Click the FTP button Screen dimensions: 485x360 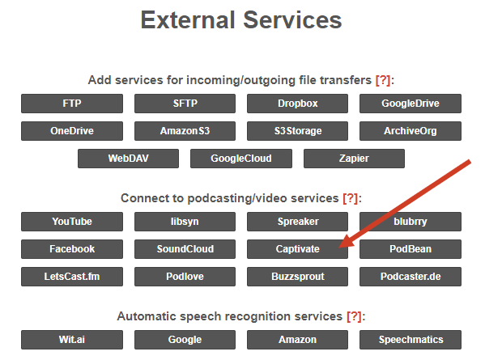pyautogui.click(x=72, y=104)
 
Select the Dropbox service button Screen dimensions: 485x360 pyautogui.click(x=297, y=104)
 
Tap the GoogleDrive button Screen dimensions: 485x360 pyautogui.click(x=411, y=104)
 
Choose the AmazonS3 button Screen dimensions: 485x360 pyautogui.click(x=185, y=131)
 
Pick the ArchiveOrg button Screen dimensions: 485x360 pyautogui.click(x=411, y=131)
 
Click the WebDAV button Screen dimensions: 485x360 pyautogui.click(x=129, y=159)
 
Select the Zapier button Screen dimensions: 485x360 pyautogui.click(x=354, y=159)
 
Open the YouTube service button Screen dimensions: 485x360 pyautogui.click(x=72, y=222)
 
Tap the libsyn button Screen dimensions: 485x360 pyautogui.click(x=185, y=222)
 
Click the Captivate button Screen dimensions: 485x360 pyautogui.click(x=297, y=249)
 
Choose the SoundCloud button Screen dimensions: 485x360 pyautogui.click(x=185, y=249)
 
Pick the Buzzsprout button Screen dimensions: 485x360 pyautogui.click(x=297, y=277)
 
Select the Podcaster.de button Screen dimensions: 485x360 pyautogui.click(x=411, y=277)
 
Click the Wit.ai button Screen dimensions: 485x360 pyautogui.click(x=72, y=340)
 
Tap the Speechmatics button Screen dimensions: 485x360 pyautogui.click(x=411, y=340)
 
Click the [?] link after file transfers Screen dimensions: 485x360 pyautogui.click(x=383, y=80)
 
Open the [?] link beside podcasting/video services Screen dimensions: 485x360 pyautogui.click(x=350, y=198)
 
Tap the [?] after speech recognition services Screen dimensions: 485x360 pyautogui.click(x=354, y=316)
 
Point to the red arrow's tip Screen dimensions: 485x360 pyautogui.click(x=339, y=248)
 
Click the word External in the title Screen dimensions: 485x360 pyautogui.click(x=188, y=20)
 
